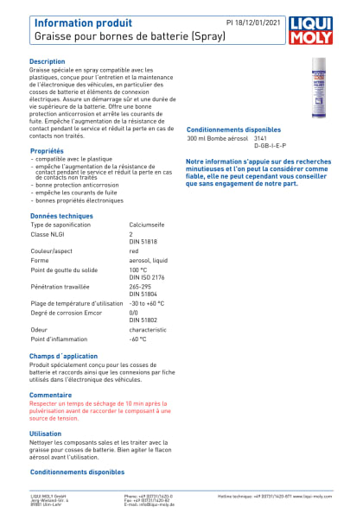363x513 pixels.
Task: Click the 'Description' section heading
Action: coord(48,62)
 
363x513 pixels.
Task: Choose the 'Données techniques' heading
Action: coord(61,216)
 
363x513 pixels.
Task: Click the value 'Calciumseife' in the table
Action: coord(147,224)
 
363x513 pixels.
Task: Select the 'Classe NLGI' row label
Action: coord(50,234)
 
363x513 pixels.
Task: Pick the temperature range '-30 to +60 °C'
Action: coord(147,303)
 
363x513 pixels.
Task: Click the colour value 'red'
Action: coord(134,251)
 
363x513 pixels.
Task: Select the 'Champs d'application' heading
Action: coord(64,356)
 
